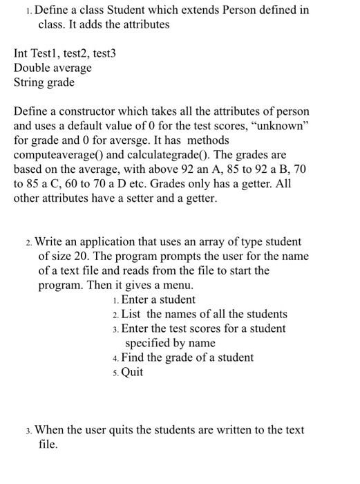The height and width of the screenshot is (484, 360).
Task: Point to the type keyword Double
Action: [x=32, y=68]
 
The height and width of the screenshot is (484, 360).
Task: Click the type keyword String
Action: [x=30, y=82]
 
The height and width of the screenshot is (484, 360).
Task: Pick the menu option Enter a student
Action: [x=158, y=299]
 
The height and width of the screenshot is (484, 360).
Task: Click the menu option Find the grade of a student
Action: [x=187, y=357]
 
